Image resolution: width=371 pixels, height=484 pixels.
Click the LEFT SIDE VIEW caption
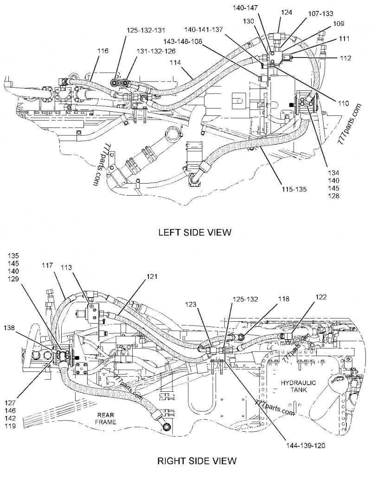[x=194, y=232]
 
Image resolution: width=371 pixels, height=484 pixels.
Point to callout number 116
[x=103, y=51]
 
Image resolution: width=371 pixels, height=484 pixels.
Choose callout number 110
[x=343, y=104]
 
